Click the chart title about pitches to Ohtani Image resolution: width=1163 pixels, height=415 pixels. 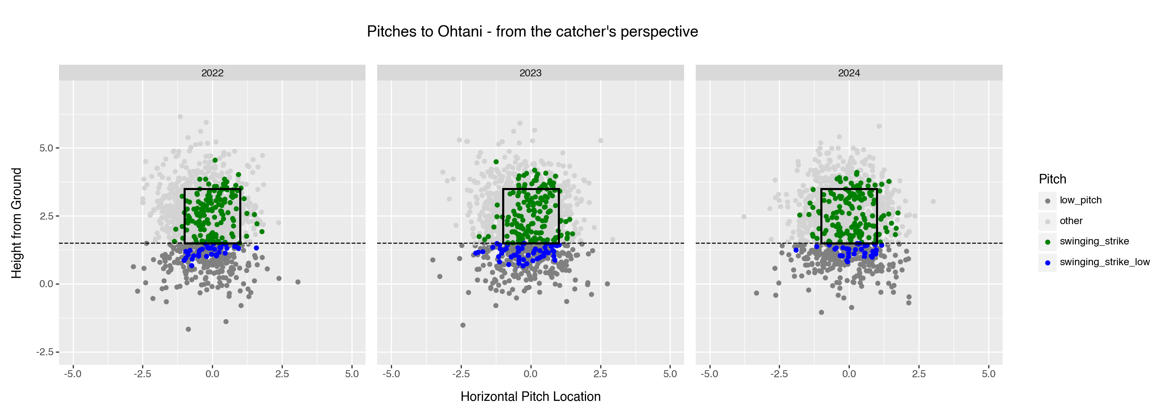point(532,32)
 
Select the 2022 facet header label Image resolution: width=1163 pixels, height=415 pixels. point(212,73)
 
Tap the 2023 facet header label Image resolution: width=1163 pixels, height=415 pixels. point(530,73)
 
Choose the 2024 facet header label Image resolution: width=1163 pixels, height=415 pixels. point(849,73)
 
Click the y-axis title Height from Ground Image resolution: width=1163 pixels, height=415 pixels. point(17,223)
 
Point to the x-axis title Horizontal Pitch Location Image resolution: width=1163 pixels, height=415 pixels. point(530,396)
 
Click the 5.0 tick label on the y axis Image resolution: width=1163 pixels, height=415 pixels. point(47,148)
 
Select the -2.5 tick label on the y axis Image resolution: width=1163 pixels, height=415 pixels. point(45,352)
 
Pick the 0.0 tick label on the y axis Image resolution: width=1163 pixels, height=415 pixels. point(47,284)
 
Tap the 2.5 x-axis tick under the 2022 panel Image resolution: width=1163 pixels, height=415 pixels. point(282,374)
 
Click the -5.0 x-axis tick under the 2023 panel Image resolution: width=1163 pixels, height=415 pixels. point(391,374)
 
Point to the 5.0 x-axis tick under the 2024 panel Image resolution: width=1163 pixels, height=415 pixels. point(988,374)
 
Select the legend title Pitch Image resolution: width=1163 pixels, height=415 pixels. point(1053,179)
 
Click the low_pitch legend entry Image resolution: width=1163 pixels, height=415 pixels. point(1080,200)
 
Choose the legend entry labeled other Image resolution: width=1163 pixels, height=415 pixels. point(1071,221)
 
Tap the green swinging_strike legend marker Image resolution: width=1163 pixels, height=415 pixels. point(1048,242)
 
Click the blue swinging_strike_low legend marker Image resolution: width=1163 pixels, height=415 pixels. point(1048,263)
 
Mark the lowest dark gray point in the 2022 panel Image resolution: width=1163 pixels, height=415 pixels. point(188,329)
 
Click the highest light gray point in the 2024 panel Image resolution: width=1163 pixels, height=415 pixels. point(879,126)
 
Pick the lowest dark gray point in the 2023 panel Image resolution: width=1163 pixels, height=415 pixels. point(463,325)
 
